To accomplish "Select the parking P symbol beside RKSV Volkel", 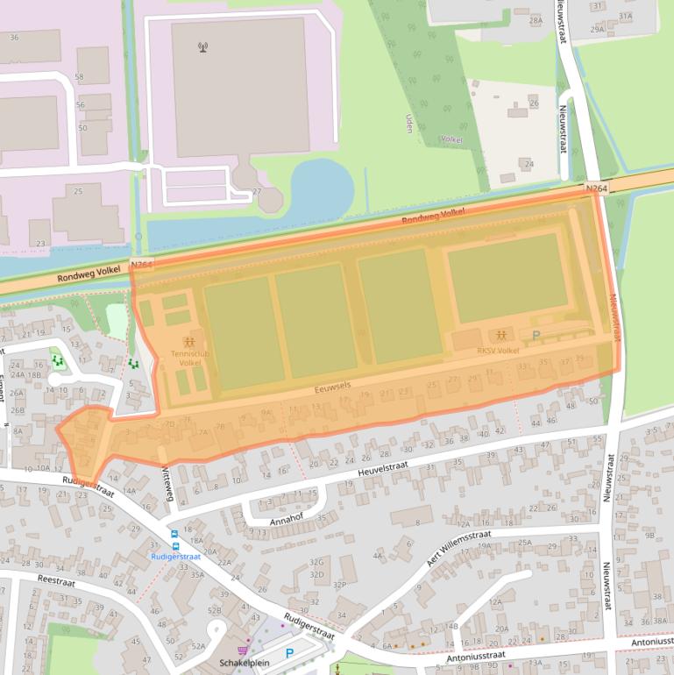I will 536,335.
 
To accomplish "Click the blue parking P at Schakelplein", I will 289,652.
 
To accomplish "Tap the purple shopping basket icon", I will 242,650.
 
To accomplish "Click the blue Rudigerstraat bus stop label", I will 176,556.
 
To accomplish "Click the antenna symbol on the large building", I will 204,46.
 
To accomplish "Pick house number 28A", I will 536,19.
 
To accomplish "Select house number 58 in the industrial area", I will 80,77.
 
